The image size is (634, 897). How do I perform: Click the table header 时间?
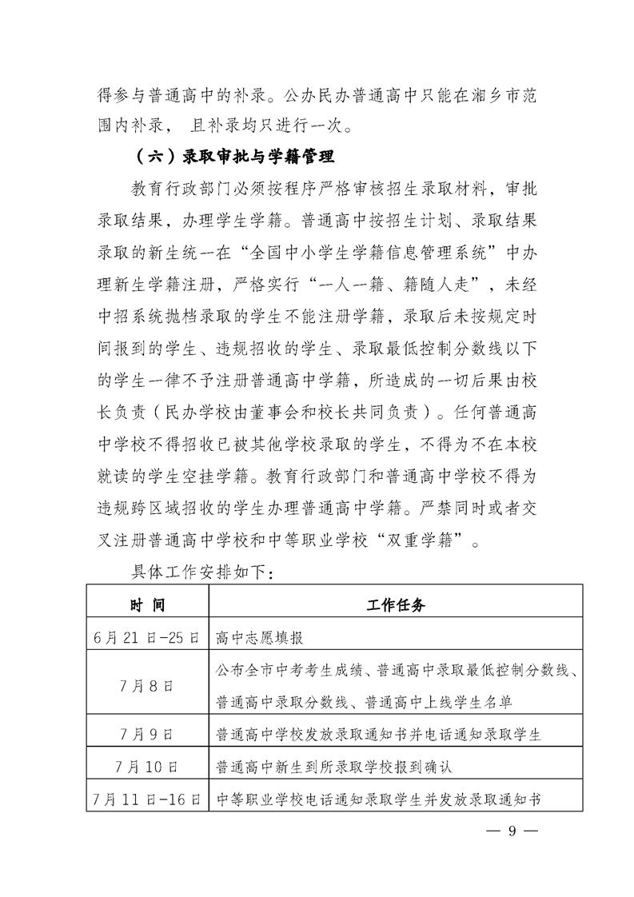148,605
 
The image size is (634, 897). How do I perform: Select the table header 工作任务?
396,605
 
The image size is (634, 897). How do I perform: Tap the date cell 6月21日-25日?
148,638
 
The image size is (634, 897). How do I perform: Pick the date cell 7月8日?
148,686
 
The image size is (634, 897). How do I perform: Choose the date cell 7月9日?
148,733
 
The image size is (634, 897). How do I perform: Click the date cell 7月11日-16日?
148,798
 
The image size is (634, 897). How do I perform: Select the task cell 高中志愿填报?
261,638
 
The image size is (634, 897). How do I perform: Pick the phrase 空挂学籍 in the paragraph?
227,476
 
